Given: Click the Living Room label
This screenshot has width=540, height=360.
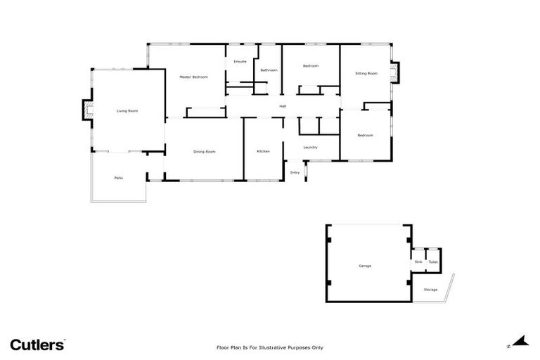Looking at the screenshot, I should pos(127,111).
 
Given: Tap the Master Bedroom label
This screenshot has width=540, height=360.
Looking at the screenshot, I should pos(193,77).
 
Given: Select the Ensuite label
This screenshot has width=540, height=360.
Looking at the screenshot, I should pos(240,62).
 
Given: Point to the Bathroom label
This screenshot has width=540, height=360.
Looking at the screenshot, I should pos(269,70).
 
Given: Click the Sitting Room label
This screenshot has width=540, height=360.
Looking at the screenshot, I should pos(366,73).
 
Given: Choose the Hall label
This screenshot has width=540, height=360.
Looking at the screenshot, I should pos(283,106).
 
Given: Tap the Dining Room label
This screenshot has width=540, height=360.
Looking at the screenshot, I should pos(205,151).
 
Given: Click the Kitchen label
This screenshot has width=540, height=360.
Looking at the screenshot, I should pos(263,151).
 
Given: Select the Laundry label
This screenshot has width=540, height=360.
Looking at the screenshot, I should pos(310,147).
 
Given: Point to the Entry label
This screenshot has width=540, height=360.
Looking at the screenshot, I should pos(295,172).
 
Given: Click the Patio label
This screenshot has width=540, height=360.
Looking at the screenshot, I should pos(119,178).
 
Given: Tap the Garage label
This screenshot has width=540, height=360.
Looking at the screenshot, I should pos(365,266).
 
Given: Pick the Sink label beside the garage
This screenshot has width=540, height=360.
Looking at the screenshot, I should pos(418,262).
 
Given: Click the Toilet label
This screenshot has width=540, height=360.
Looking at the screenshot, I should pos(433,262).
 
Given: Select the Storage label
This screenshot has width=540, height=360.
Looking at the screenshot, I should pos(430,290).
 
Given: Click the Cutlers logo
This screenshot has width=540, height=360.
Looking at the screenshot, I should pos(37,344).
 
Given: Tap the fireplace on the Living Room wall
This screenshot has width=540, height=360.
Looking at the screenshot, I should pos(87,111).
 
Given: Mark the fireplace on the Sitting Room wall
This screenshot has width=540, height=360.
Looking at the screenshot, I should pos(395,72).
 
